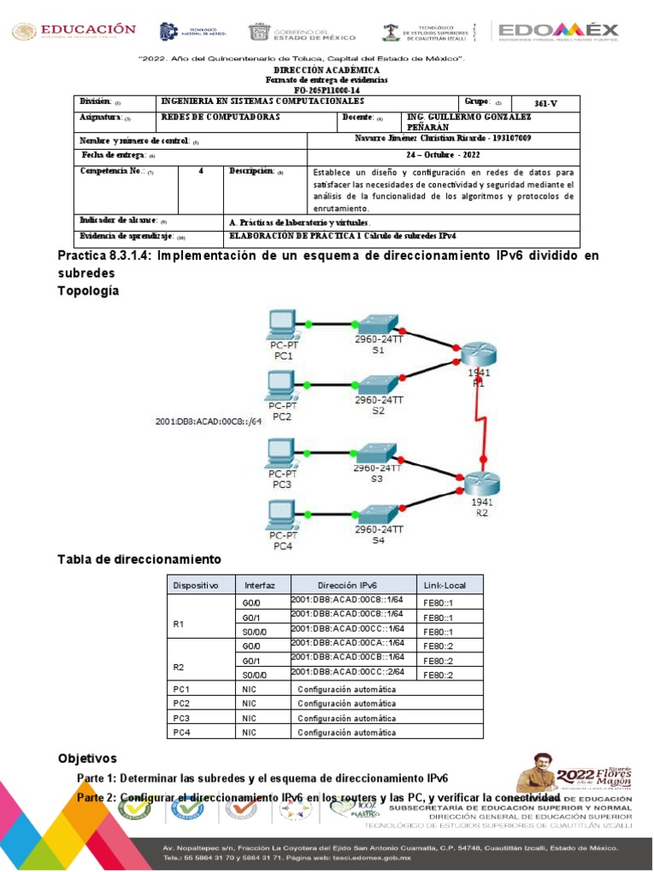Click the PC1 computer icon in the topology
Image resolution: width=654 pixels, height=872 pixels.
coord(281,324)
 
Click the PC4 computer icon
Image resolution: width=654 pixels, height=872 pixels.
coord(281,513)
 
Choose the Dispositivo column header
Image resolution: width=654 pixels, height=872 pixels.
coord(196,585)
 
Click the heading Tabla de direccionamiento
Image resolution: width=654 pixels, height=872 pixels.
coord(139,559)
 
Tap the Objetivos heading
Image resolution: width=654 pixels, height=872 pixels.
coord(87,758)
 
